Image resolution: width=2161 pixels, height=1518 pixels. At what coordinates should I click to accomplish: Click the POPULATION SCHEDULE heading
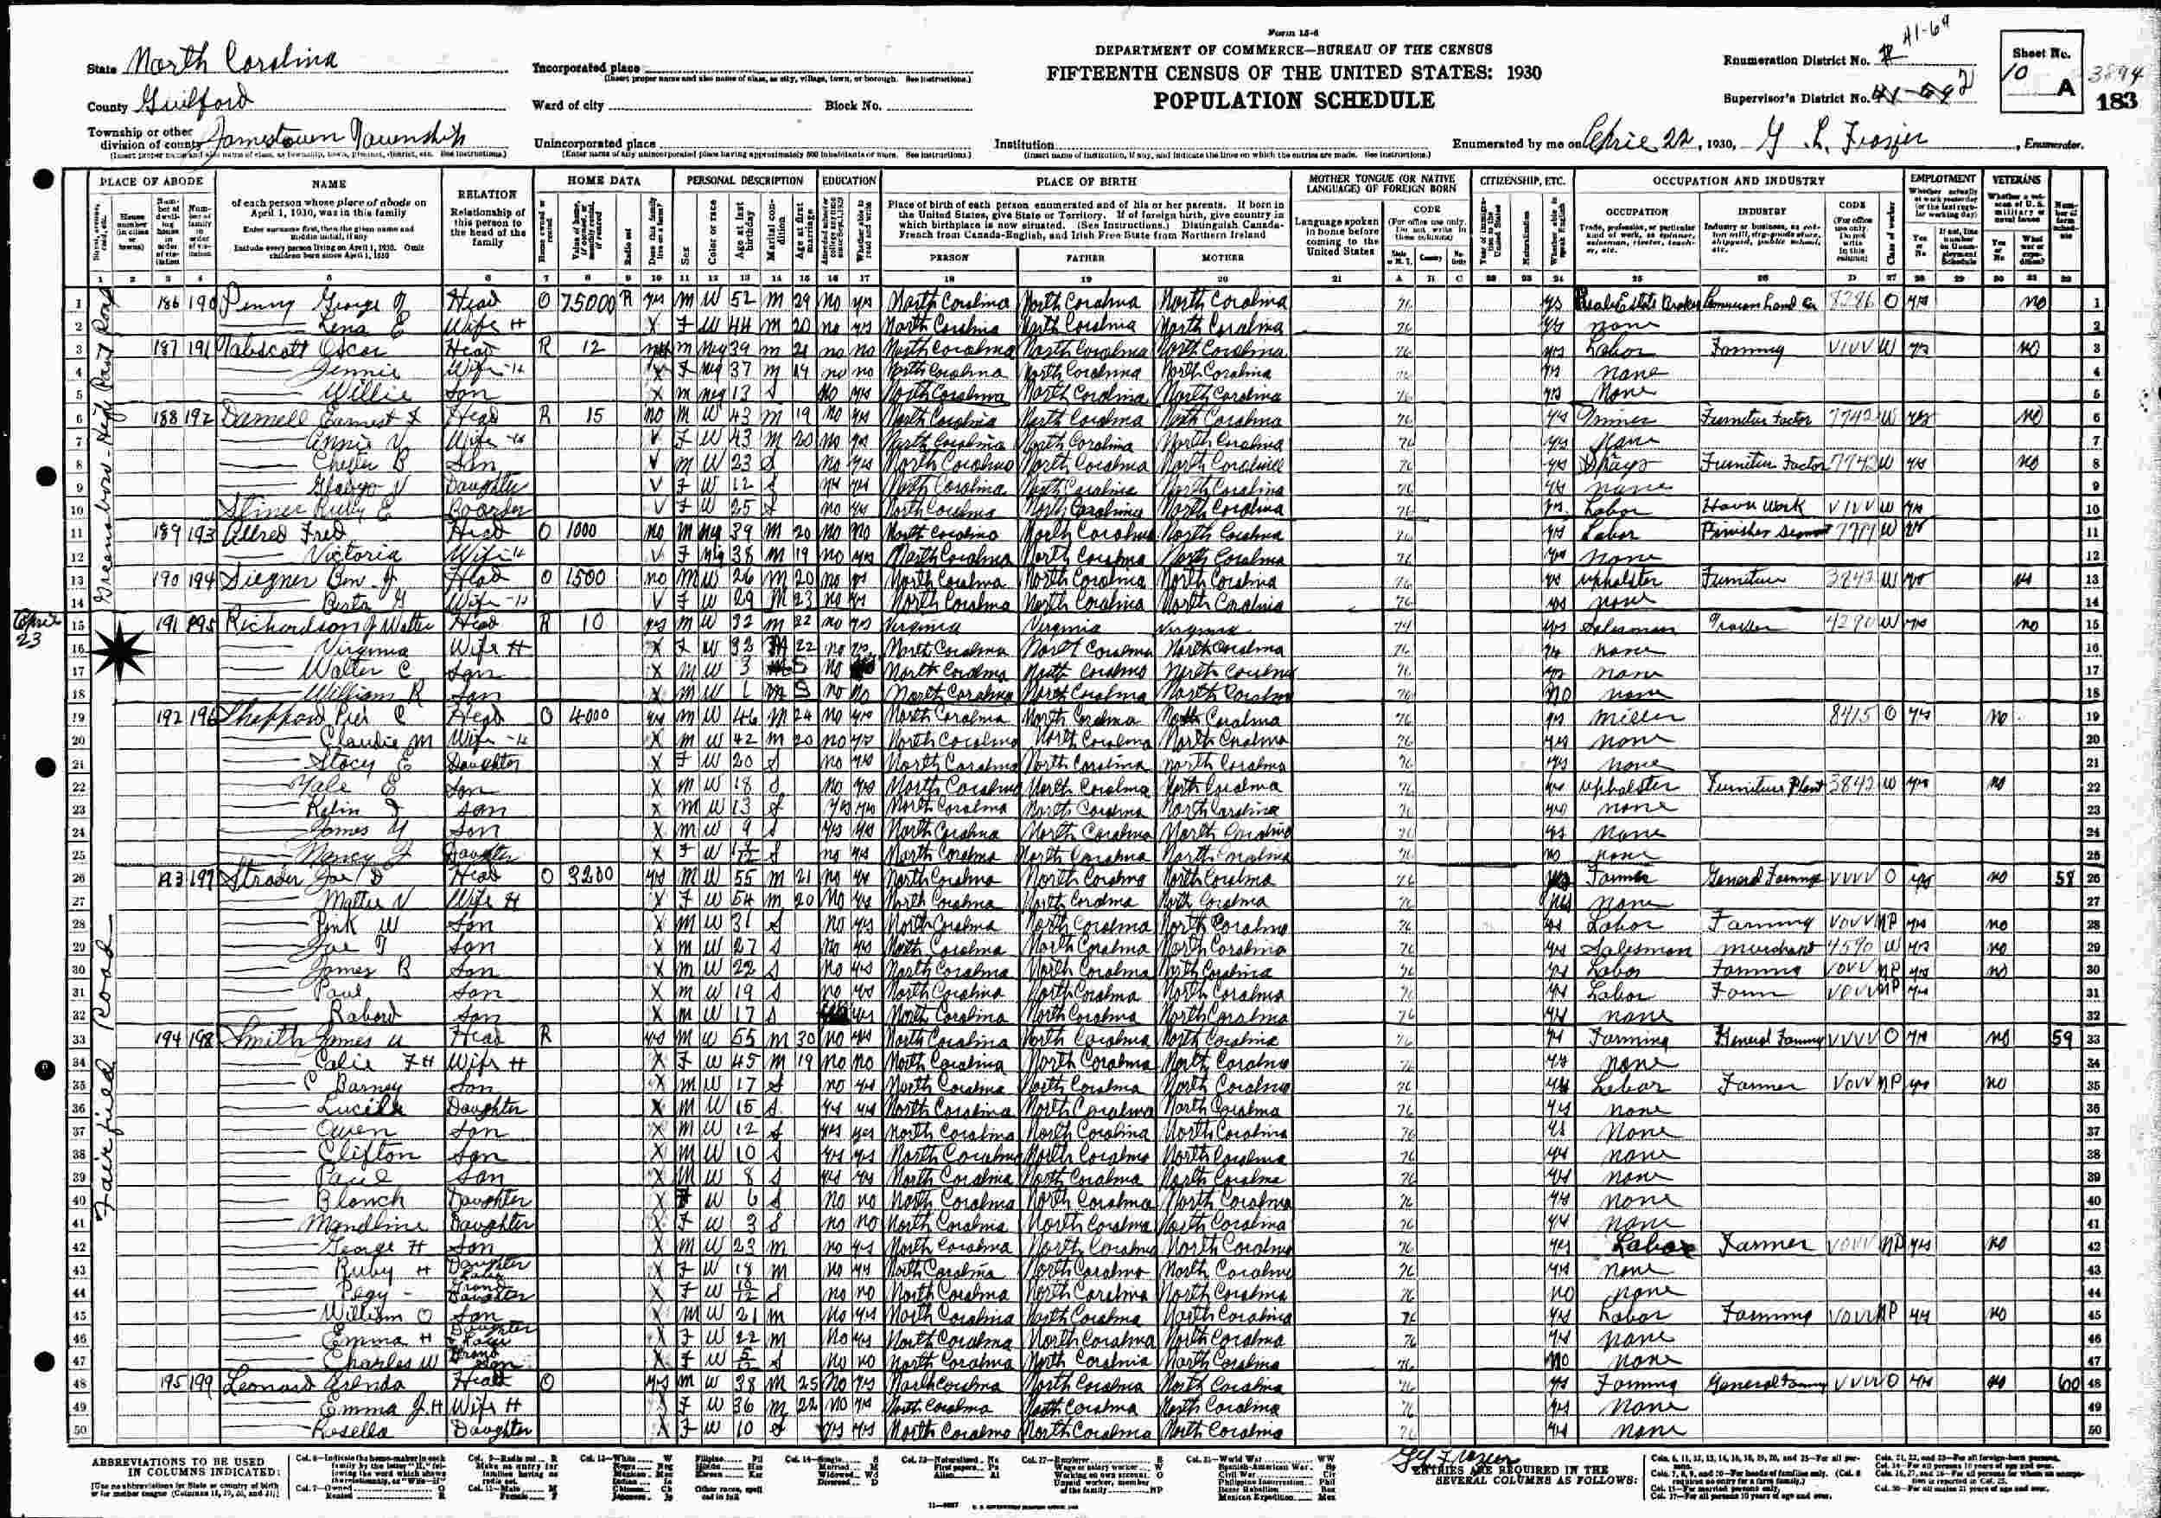point(1294,100)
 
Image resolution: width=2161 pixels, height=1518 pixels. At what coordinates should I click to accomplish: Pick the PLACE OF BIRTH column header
point(1087,181)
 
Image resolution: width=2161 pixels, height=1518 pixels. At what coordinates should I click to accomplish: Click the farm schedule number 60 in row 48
point(2063,1383)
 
